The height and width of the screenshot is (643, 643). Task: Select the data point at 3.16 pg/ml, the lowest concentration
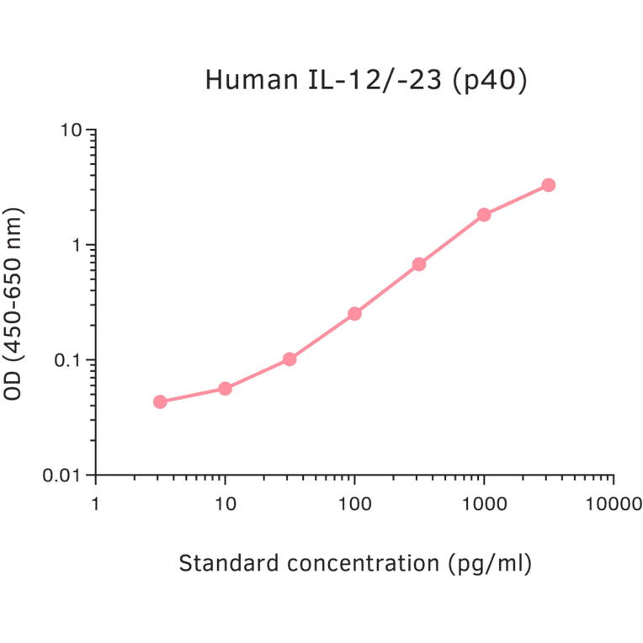[160, 401]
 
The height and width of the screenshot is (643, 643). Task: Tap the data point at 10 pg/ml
[225, 388]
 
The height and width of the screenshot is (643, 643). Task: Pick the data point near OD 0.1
[290, 359]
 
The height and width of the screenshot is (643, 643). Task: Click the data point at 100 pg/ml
[354, 314]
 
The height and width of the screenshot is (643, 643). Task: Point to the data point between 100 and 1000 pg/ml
[419, 264]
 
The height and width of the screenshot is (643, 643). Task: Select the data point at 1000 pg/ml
[484, 215]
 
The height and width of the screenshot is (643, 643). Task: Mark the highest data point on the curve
[549, 185]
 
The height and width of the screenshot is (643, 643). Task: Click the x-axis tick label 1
[95, 504]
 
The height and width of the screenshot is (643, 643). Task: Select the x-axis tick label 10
[225, 504]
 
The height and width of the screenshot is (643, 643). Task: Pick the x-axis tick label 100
[354, 504]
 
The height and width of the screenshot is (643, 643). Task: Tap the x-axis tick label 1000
[484, 504]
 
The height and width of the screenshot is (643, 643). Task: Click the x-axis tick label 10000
[613, 504]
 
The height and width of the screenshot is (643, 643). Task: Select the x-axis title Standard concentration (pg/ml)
[355, 563]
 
